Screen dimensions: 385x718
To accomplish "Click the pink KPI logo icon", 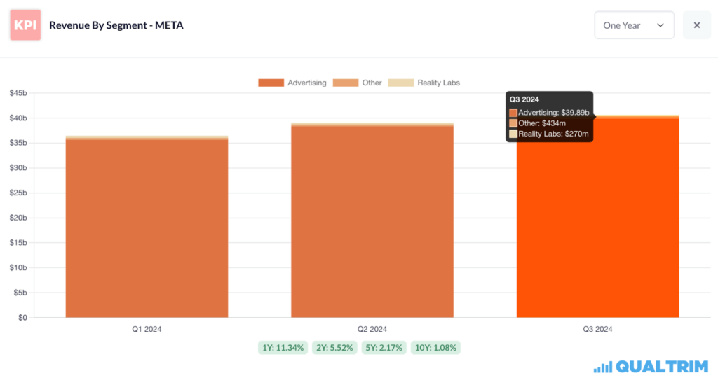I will coord(25,25).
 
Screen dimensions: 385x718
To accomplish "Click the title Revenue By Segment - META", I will coord(116,26).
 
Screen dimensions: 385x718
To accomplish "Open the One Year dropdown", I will coord(634,25).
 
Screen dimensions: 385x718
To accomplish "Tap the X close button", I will coord(697,25).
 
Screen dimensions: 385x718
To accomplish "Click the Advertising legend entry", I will coord(292,83).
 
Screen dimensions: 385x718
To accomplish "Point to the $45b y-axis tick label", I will coord(18,93).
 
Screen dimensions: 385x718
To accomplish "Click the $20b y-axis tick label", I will coord(18,218).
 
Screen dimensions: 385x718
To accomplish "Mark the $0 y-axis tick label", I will coord(22,318).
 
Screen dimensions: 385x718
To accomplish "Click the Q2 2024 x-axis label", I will coord(372,329).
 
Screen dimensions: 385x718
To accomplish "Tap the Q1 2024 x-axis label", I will coord(147,329).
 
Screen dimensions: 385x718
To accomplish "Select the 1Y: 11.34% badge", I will coord(283,347).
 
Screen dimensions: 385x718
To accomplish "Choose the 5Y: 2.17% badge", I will coord(383,347).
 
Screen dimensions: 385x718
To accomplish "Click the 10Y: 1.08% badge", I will coord(435,347).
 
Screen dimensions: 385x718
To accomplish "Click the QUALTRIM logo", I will coord(651,367).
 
